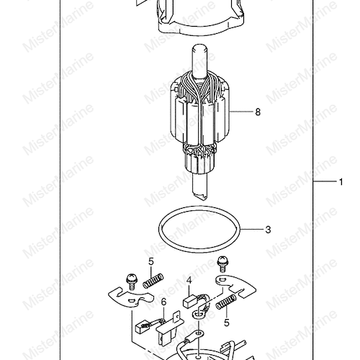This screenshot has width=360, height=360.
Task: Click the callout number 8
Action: (258, 112)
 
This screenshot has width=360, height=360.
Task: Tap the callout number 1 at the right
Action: (341, 182)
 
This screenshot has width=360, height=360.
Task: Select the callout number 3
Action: (268, 230)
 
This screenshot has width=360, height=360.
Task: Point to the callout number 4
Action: (189, 281)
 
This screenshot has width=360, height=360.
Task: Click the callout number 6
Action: (163, 302)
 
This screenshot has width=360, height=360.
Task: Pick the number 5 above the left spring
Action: (150, 261)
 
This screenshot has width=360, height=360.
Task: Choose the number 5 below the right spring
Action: (227, 323)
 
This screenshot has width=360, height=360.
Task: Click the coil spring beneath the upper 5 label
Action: (153, 281)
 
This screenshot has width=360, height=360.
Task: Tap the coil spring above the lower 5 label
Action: (226, 302)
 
